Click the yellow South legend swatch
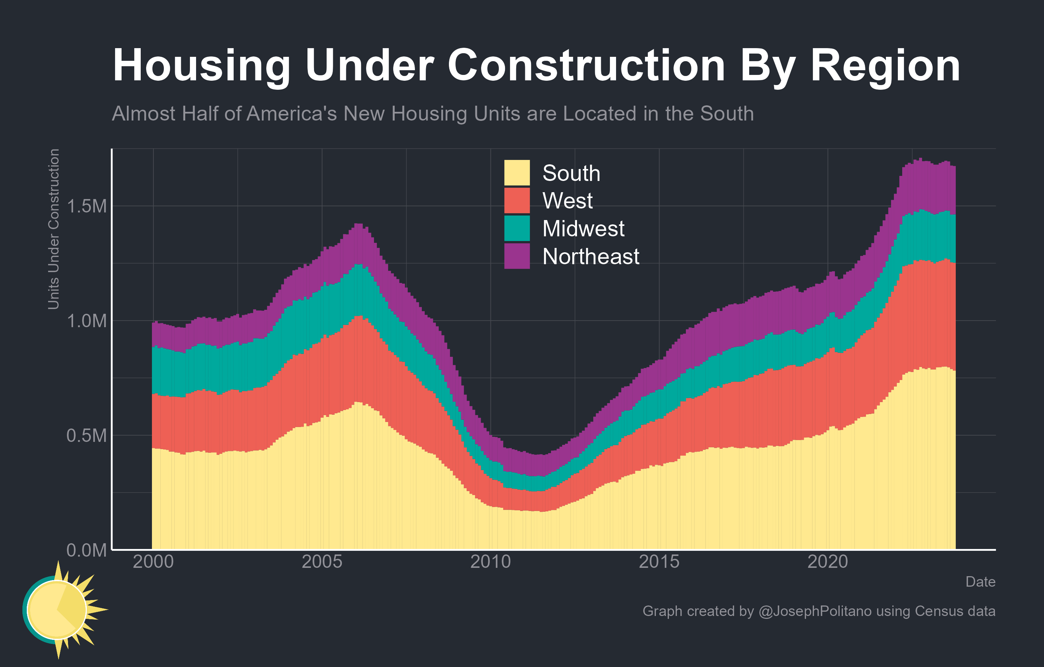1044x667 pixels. point(517,173)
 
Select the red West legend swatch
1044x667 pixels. point(517,200)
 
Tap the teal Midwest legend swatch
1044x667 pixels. point(517,228)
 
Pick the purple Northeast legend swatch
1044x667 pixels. point(517,256)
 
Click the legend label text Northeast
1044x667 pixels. point(590,256)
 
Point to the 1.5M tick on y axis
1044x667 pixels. point(87,206)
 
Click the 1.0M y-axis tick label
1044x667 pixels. point(87,321)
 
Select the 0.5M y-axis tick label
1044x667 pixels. point(87,435)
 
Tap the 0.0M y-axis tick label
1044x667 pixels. point(87,550)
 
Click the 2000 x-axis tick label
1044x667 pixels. point(153,562)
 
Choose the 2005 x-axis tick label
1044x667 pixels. point(322,562)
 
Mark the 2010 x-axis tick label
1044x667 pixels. point(491,562)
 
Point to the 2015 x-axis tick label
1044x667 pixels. point(659,562)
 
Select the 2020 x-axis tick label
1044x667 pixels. point(828,562)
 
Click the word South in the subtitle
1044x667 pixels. point(727,114)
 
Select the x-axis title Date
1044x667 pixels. point(980,582)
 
